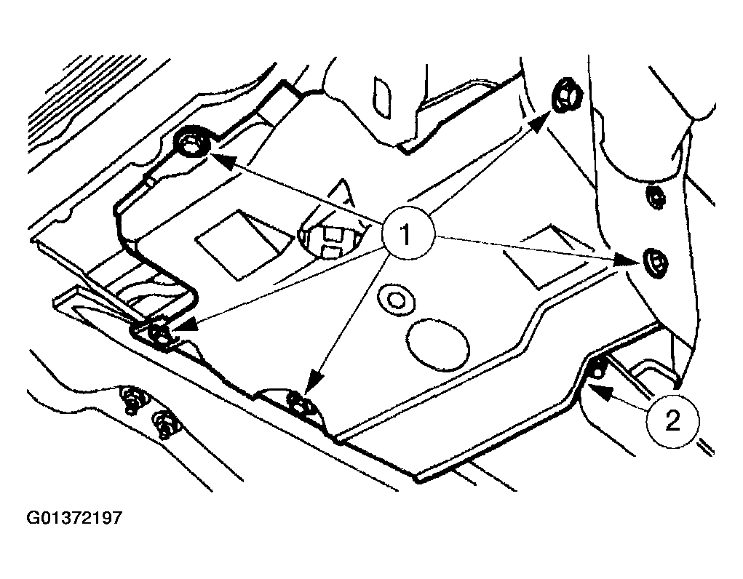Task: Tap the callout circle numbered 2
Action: pyautogui.click(x=672, y=420)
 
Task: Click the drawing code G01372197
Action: pyautogui.click(x=73, y=518)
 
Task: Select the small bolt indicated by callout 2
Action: pyautogui.click(x=597, y=369)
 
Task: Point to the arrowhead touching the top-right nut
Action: pyautogui.click(x=542, y=119)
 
